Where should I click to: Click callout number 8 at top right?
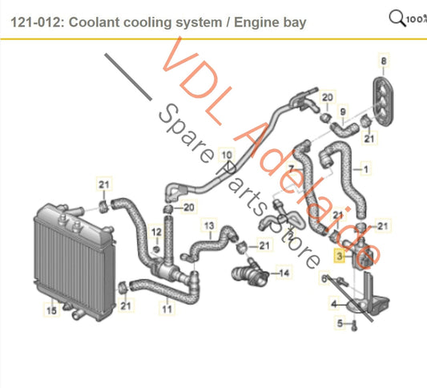coord(384,62)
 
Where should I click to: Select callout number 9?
coord(344,111)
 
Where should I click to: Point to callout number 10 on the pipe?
coord(227,156)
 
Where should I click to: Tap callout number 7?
coord(292,168)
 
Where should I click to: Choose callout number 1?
coord(367,169)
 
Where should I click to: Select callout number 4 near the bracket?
coord(335,305)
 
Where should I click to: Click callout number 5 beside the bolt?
coord(340,324)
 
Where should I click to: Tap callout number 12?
coord(157,232)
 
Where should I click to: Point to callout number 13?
coord(207,225)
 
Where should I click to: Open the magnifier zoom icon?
coord(397,16)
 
